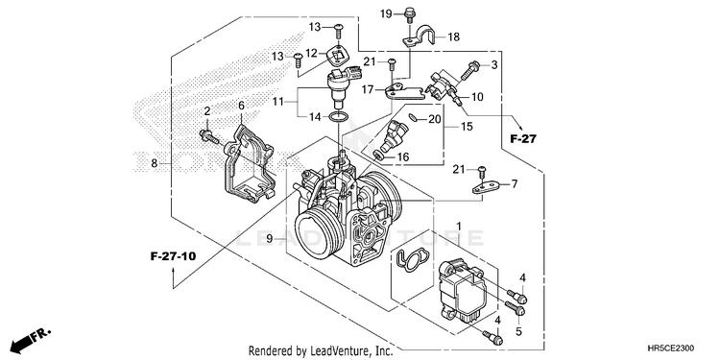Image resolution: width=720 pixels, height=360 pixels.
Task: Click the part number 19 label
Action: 386,13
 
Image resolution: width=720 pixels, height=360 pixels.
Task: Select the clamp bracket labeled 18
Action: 420,37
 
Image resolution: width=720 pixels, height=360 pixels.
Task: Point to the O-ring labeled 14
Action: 339,117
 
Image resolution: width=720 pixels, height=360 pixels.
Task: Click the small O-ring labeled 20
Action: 413,118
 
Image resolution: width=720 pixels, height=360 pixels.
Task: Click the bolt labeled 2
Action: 209,136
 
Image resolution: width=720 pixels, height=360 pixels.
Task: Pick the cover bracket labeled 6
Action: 248,164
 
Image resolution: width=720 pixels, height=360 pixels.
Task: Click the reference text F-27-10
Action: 173,256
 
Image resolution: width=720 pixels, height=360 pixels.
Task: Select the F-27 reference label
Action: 522,138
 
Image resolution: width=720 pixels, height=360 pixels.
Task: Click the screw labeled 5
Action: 515,308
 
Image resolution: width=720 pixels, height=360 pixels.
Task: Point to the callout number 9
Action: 270,238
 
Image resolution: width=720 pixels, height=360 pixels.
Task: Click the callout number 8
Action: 155,163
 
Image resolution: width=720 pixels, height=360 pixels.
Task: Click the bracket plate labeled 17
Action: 403,92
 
